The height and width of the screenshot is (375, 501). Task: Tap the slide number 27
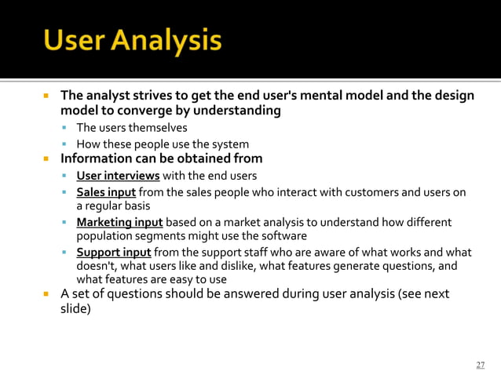click(481, 365)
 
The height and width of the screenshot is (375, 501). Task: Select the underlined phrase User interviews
click(118, 175)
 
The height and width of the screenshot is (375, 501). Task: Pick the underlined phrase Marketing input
click(119, 222)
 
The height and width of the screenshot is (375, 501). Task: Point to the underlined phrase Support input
click(114, 252)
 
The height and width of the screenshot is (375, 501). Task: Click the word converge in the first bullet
click(154, 111)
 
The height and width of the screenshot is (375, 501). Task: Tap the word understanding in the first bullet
click(236, 111)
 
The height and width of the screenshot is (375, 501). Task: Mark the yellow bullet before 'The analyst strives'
click(46, 96)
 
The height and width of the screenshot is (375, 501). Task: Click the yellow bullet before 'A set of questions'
click(46, 295)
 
